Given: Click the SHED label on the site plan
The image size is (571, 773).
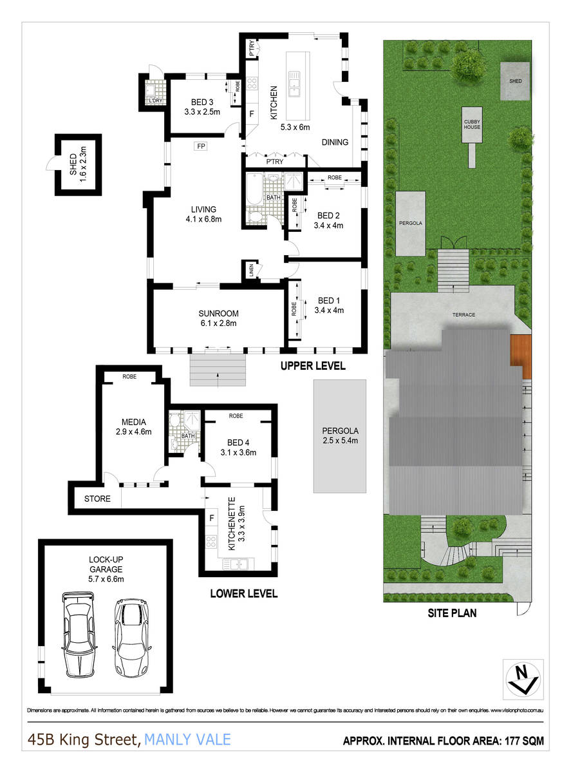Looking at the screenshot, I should point(516,81).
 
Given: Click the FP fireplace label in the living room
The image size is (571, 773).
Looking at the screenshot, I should point(201,146).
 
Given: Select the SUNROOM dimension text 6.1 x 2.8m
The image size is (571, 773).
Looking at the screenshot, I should point(218,323).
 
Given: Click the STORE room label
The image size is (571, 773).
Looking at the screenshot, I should point(97,499).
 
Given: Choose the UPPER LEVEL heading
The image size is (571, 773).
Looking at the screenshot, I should point(313,366).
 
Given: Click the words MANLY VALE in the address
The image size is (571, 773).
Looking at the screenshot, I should point(187,740).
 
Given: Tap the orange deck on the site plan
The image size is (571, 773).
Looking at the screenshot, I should point(520,357).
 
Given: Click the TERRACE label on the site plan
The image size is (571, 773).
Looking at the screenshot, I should point(463,314).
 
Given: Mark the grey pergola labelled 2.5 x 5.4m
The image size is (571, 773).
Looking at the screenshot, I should point(340,436).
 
